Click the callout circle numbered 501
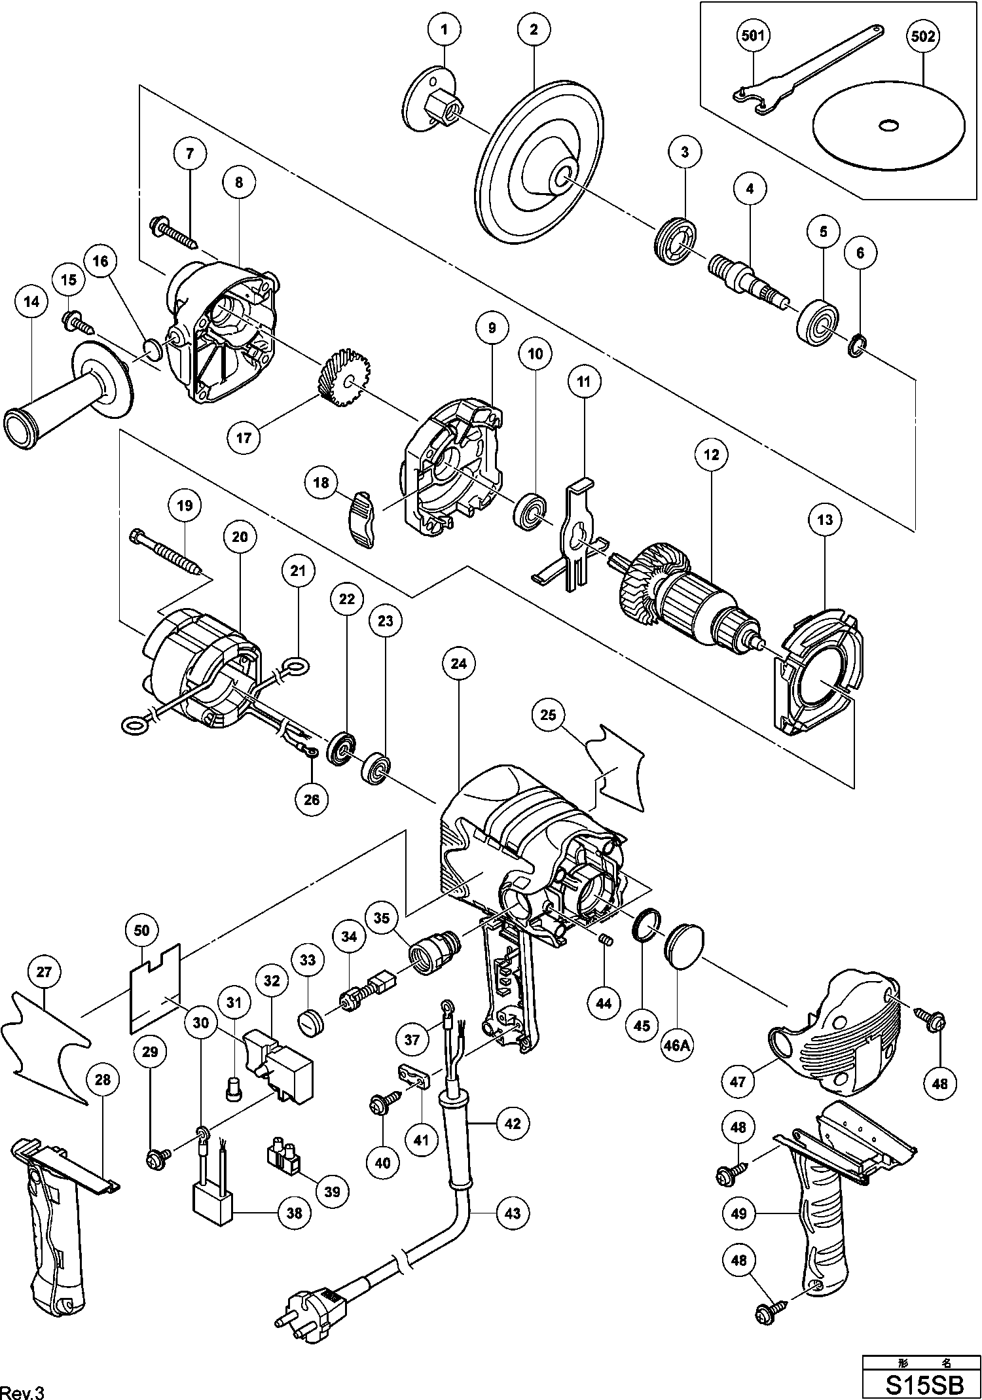pyautogui.click(x=752, y=35)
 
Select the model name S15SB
pyautogui.click(x=923, y=1384)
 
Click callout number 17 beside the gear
pyautogui.click(x=244, y=437)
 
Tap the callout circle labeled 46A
pyautogui.click(x=677, y=1045)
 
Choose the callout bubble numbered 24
pyautogui.click(x=458, y=663)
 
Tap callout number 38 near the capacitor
pyautogui.click(x=295, y=1212)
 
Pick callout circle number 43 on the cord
pyautogui.click(x=512, y=1213)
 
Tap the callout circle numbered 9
pyautogui.click(x=492, y=328)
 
